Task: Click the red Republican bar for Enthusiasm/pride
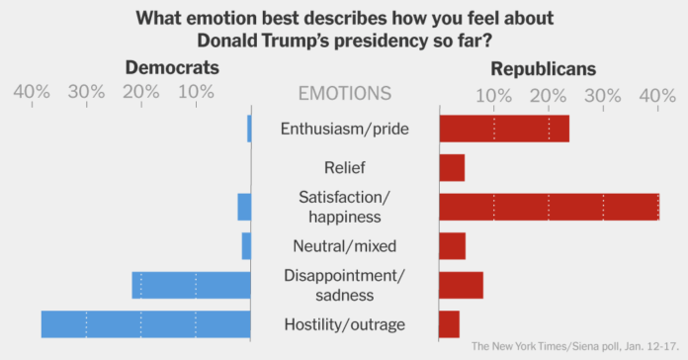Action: tap(503, 129)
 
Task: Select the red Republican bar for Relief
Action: tap(452, 167)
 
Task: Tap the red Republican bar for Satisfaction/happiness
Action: tap(549, 206)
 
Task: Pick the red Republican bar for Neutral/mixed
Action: tap(452, 245)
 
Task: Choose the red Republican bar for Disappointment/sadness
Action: tap(461, 284)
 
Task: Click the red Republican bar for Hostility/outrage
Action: tap(449, 323)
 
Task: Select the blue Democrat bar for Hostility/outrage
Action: tap(145, 323)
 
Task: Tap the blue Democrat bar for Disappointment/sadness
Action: tap(191, 284)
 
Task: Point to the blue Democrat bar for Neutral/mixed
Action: tap(246, 245)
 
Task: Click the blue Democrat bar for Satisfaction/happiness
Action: tap(244, 206)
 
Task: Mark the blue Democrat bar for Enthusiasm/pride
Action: tap(249, 129)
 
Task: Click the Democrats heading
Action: tap(171, 68)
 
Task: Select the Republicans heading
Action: tap(543, 68)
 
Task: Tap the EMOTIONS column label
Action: tap(344, 94)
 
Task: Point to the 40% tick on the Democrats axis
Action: tap(32, 94)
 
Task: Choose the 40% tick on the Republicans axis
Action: tap(657, 94)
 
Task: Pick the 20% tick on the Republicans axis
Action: tap(548, 94)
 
